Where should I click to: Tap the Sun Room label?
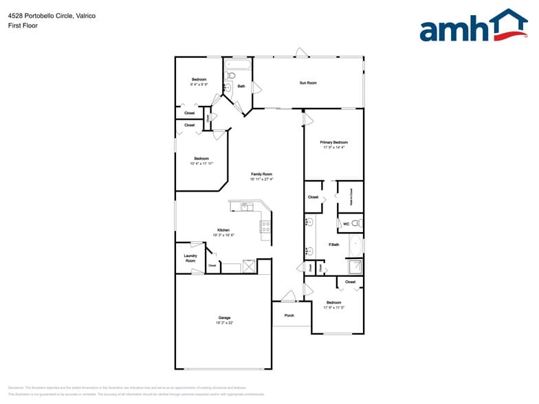coord(307,83)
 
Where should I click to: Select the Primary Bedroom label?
coord(333,142)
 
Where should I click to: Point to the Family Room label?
coord(261,175)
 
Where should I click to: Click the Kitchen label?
coord(223,230)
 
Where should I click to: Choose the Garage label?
coord(224,317)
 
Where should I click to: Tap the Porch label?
coord(289,315)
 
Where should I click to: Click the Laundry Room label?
coord(190,258)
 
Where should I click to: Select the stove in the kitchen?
coord(265,226)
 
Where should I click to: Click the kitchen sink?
coord(247,207)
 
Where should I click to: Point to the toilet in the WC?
coord(356,223)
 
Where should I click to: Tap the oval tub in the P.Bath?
coord(356,245)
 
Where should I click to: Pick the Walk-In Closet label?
coord(351,198)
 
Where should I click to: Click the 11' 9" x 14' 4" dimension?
coord(333,148)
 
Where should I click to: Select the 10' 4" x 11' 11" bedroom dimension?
coord(201,164)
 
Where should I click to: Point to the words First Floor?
coord(23,25)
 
